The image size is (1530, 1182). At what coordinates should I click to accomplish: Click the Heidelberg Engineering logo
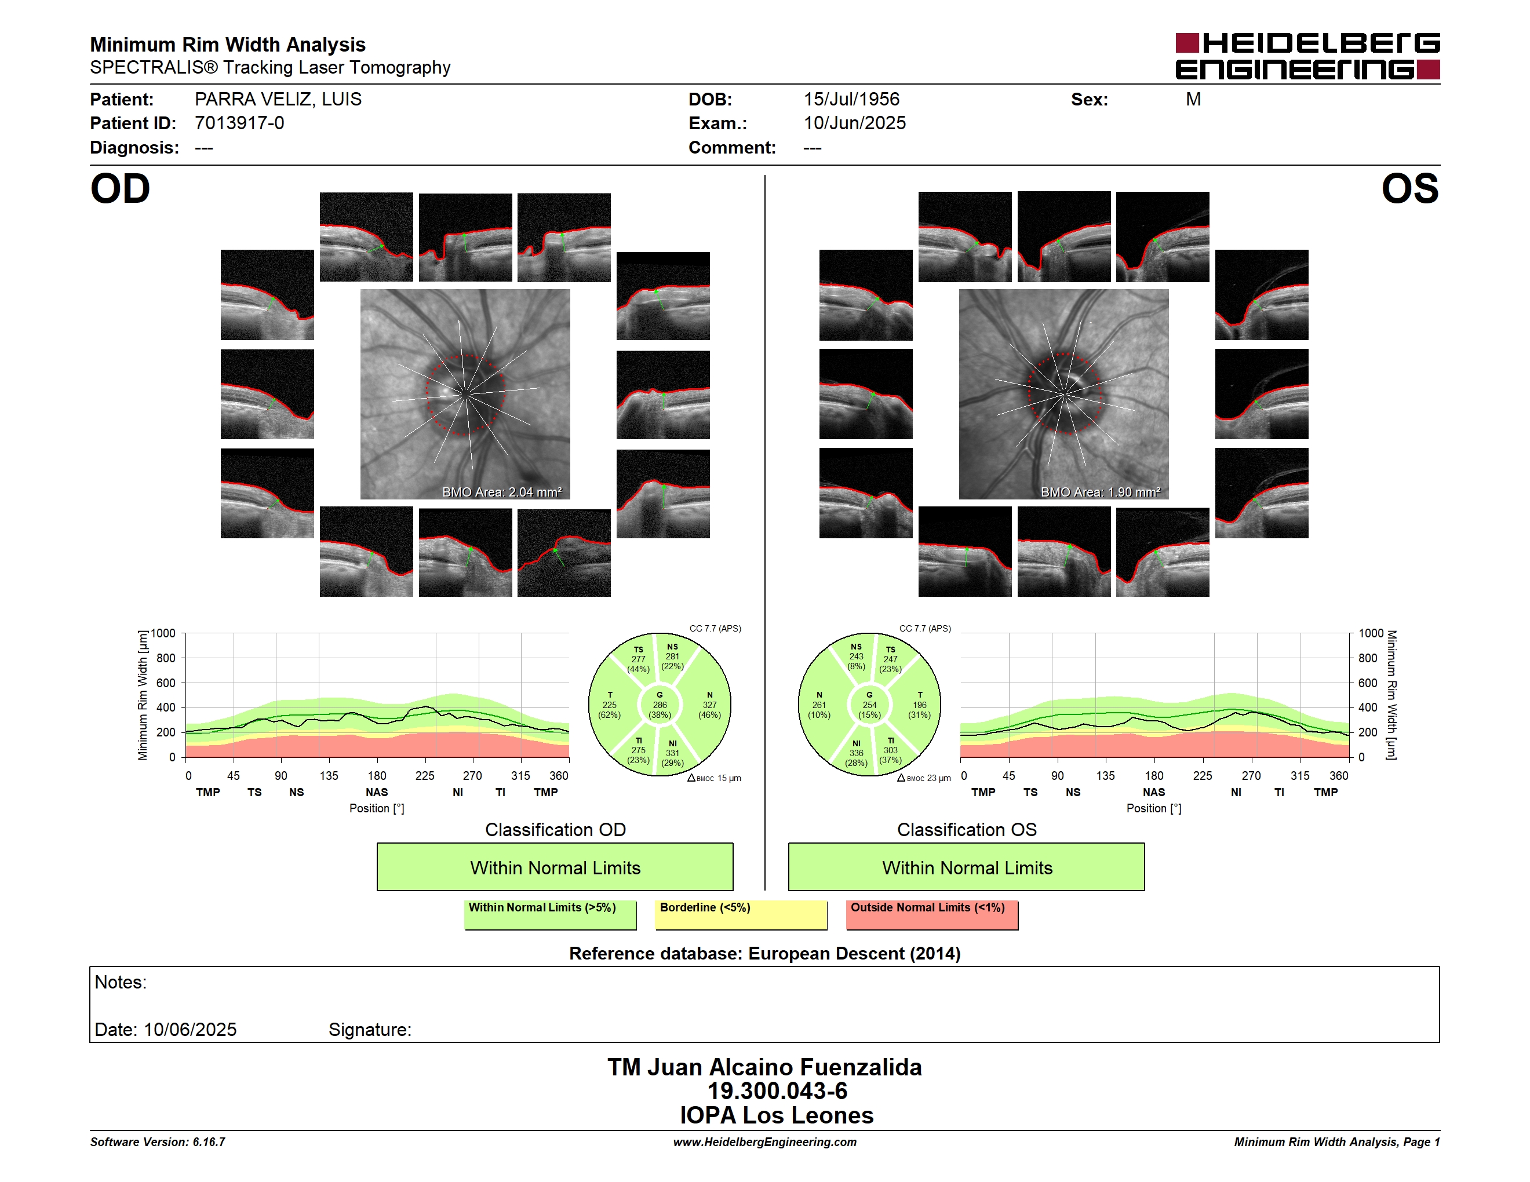point(1307,56)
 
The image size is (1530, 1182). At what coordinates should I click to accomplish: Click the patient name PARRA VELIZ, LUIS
point(278,100)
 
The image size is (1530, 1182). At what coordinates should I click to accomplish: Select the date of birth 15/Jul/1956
point(851,100)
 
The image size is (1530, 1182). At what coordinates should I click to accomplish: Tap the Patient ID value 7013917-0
point(239,123)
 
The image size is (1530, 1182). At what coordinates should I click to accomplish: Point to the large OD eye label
point(120,189)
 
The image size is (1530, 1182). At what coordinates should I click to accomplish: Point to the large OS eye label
point(1410,189)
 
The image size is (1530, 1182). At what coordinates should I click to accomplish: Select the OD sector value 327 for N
point(710,705)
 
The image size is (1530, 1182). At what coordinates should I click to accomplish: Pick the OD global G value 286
point(660,705)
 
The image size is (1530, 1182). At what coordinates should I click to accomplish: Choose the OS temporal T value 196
point(920,705)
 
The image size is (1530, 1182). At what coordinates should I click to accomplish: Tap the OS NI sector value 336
point(856,753)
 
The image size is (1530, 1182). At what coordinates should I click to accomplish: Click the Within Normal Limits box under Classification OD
point(555,867)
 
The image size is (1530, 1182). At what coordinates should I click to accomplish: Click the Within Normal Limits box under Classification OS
point(967,867)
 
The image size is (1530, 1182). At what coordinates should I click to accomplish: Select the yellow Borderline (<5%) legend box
point(741,914)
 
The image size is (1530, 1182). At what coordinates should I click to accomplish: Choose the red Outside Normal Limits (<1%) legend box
point(932,914)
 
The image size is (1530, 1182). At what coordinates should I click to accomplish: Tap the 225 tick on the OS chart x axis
point(1202,776)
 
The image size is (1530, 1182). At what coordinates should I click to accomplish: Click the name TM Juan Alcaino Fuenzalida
point(764,1067)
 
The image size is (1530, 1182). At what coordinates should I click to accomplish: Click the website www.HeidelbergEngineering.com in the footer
point(764,1142)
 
